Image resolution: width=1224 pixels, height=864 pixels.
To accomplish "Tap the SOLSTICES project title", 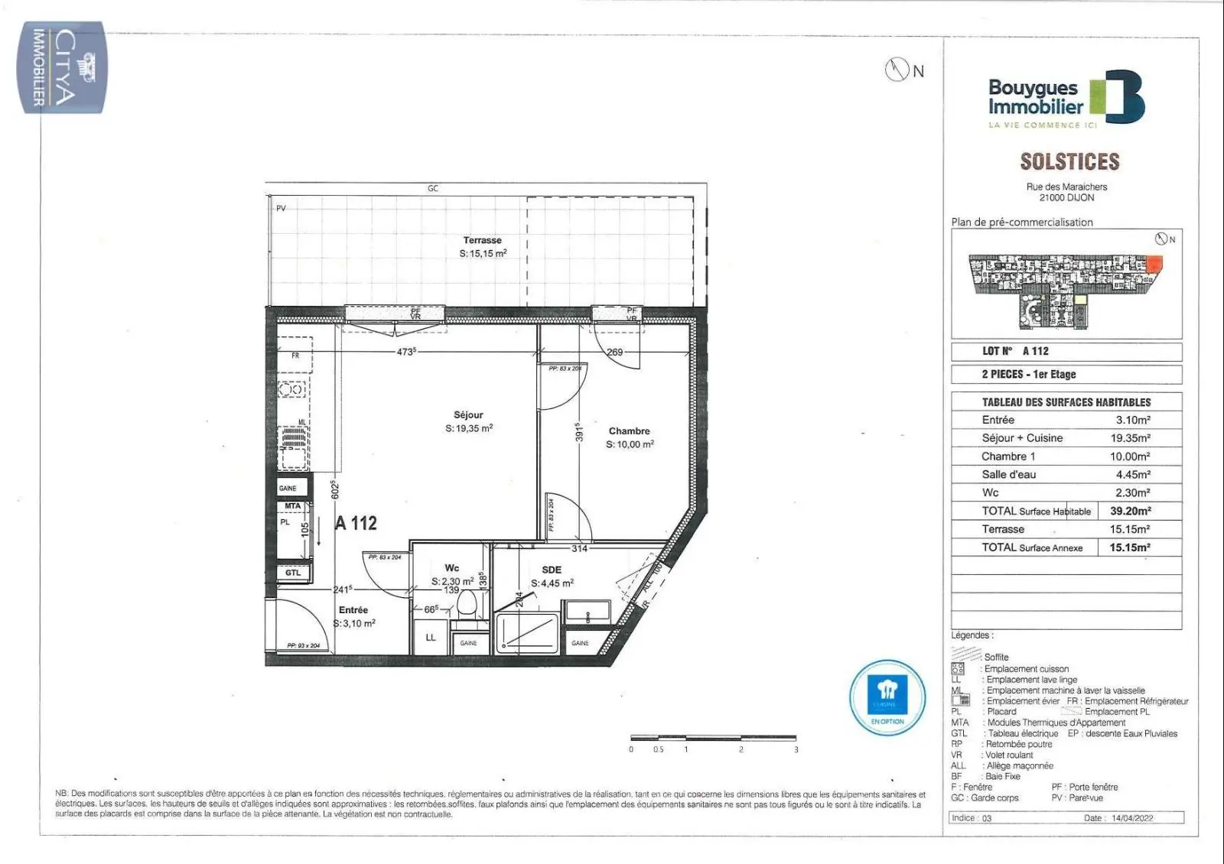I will coord(1069,161).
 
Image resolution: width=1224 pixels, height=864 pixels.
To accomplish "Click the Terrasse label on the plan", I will coord(482,240).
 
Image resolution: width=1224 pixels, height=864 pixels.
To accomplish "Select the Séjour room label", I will coord(468,415).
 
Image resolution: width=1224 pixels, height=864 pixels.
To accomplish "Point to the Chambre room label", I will coord(629,431).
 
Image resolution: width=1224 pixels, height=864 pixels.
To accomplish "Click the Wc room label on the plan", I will coord(451,568).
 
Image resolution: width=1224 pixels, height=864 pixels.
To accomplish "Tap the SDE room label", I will coord(551,570).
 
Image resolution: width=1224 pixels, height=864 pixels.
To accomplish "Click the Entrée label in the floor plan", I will coord(353,610).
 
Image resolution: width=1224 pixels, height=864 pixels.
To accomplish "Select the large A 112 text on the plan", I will coord(356,523).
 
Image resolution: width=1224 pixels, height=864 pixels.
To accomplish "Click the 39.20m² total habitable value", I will coord(1130,511).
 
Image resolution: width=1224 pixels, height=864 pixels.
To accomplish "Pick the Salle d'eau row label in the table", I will coord(1008,475).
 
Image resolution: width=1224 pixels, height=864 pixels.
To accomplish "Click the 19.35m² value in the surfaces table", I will coord(1130,438).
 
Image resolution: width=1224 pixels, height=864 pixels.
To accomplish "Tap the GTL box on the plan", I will coord(293,573).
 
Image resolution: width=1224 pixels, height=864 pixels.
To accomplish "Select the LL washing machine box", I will coord(431,637).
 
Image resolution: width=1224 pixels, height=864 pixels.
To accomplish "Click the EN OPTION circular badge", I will coord(887,697).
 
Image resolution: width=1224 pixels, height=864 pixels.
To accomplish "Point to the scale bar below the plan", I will coord(712,738).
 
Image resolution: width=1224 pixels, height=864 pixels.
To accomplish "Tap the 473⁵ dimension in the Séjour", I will coord(406,352).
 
